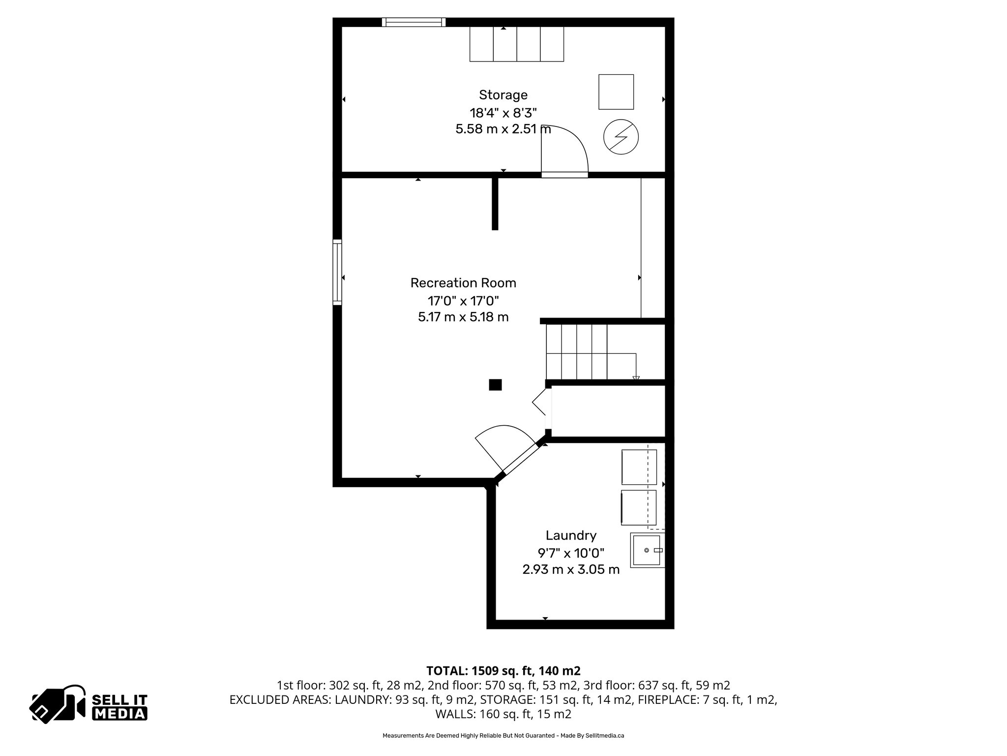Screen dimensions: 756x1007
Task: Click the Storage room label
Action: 503,94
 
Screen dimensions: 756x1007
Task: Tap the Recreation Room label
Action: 463,283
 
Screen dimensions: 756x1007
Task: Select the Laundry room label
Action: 571,535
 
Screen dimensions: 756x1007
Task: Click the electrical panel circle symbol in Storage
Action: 621,137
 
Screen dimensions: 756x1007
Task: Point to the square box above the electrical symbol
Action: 616,92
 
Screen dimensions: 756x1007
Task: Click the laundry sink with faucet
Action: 647,550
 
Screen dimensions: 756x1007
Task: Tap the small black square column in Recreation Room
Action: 495,384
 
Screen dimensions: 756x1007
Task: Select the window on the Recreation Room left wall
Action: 337,272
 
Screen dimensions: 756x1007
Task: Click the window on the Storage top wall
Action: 414,22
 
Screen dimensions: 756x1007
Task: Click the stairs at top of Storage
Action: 516,44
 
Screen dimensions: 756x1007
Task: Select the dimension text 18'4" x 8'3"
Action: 503,113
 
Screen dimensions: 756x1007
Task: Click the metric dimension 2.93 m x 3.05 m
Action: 571,570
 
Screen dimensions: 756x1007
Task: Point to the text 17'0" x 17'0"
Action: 463,300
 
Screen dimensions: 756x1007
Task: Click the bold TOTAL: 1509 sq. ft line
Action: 503,671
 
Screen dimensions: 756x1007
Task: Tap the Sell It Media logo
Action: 89,704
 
